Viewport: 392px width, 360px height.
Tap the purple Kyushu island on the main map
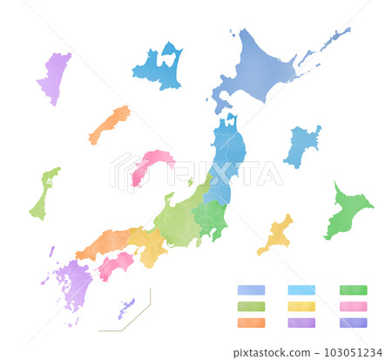pyautogui.click(x=73, y=283)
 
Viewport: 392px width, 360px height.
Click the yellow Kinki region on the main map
pyautogui.click(x=150, y=245)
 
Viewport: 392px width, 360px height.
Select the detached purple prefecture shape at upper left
pyautogui.click(x=55, y=77)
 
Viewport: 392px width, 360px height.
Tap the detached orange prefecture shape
pyautogui.click(x=109, y=124)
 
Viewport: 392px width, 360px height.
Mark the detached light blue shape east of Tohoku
pyautogui.click(x=301, y=145)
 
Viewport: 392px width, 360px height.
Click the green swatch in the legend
pyautogui.click(x=353, y=290)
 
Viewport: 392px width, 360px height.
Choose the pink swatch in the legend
pyautogui.click(x=353, y=306)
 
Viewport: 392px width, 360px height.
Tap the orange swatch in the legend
pyautogui.click(x=251, y=323)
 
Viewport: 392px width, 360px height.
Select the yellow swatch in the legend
pyautogui.click(x=301, y=306)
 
